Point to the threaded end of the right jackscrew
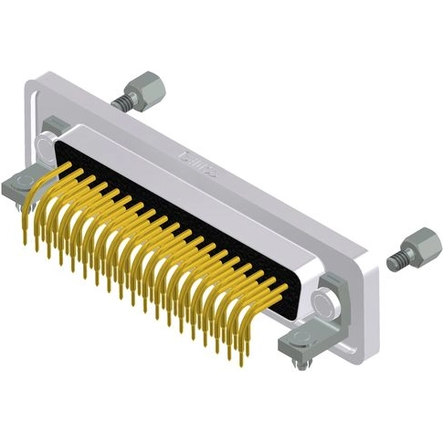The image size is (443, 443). tap(395, 262)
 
